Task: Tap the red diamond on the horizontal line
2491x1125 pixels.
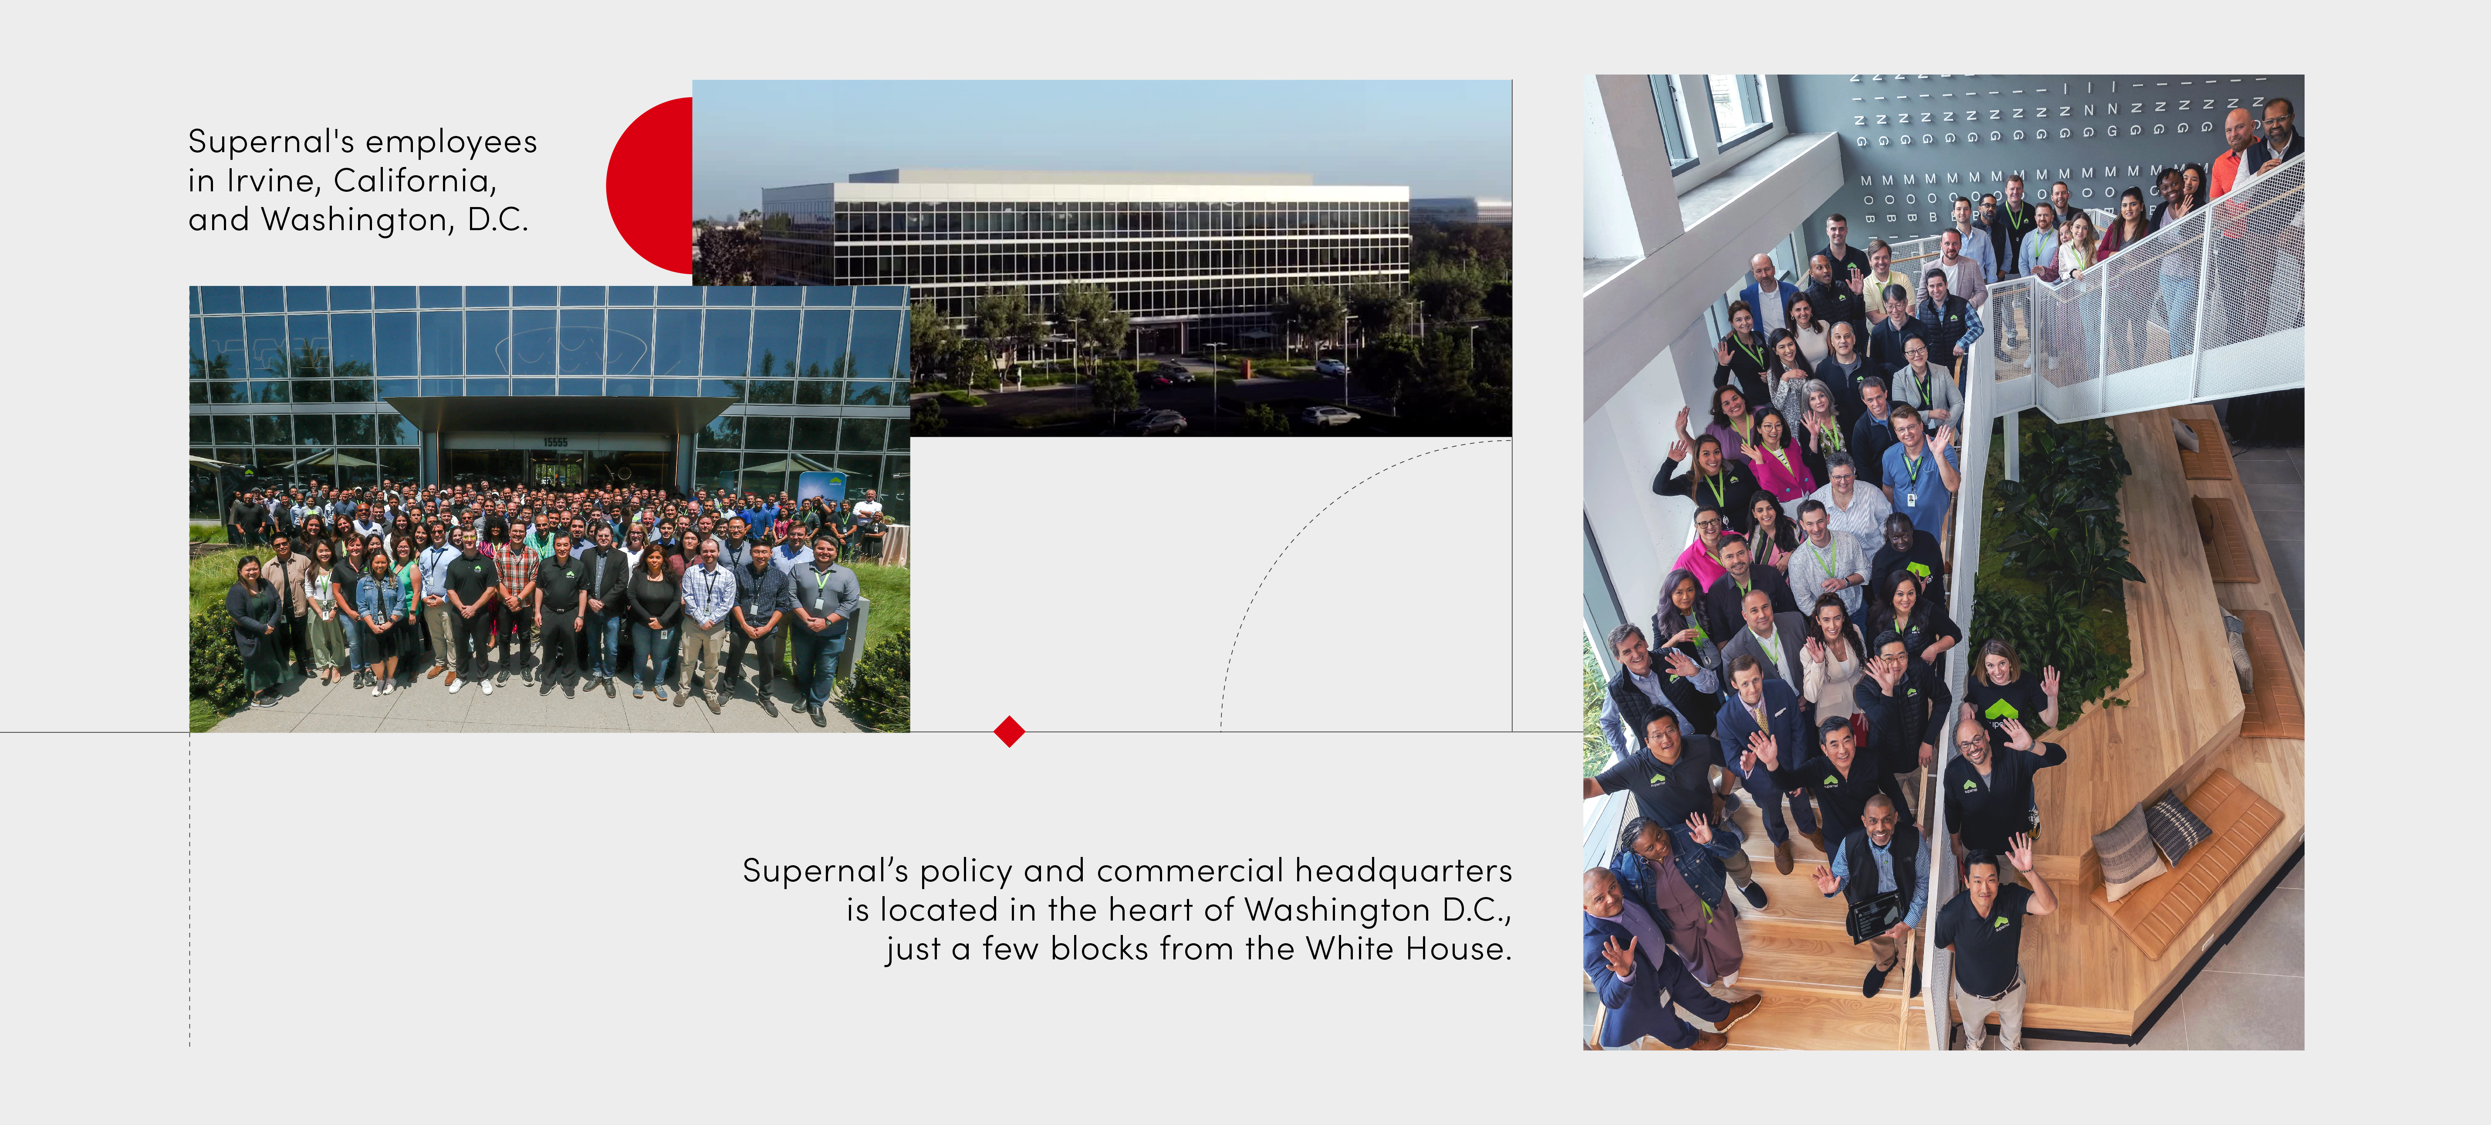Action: pyautogui.click(x=1009, y=731)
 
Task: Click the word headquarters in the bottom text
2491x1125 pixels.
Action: pyautogui.click(x=1403, y=870)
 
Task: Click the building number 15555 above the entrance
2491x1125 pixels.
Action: pyautogui.click(x=555, y=442)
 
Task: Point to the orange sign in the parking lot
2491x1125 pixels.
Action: pyautogui.click(x=1247, y=367)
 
